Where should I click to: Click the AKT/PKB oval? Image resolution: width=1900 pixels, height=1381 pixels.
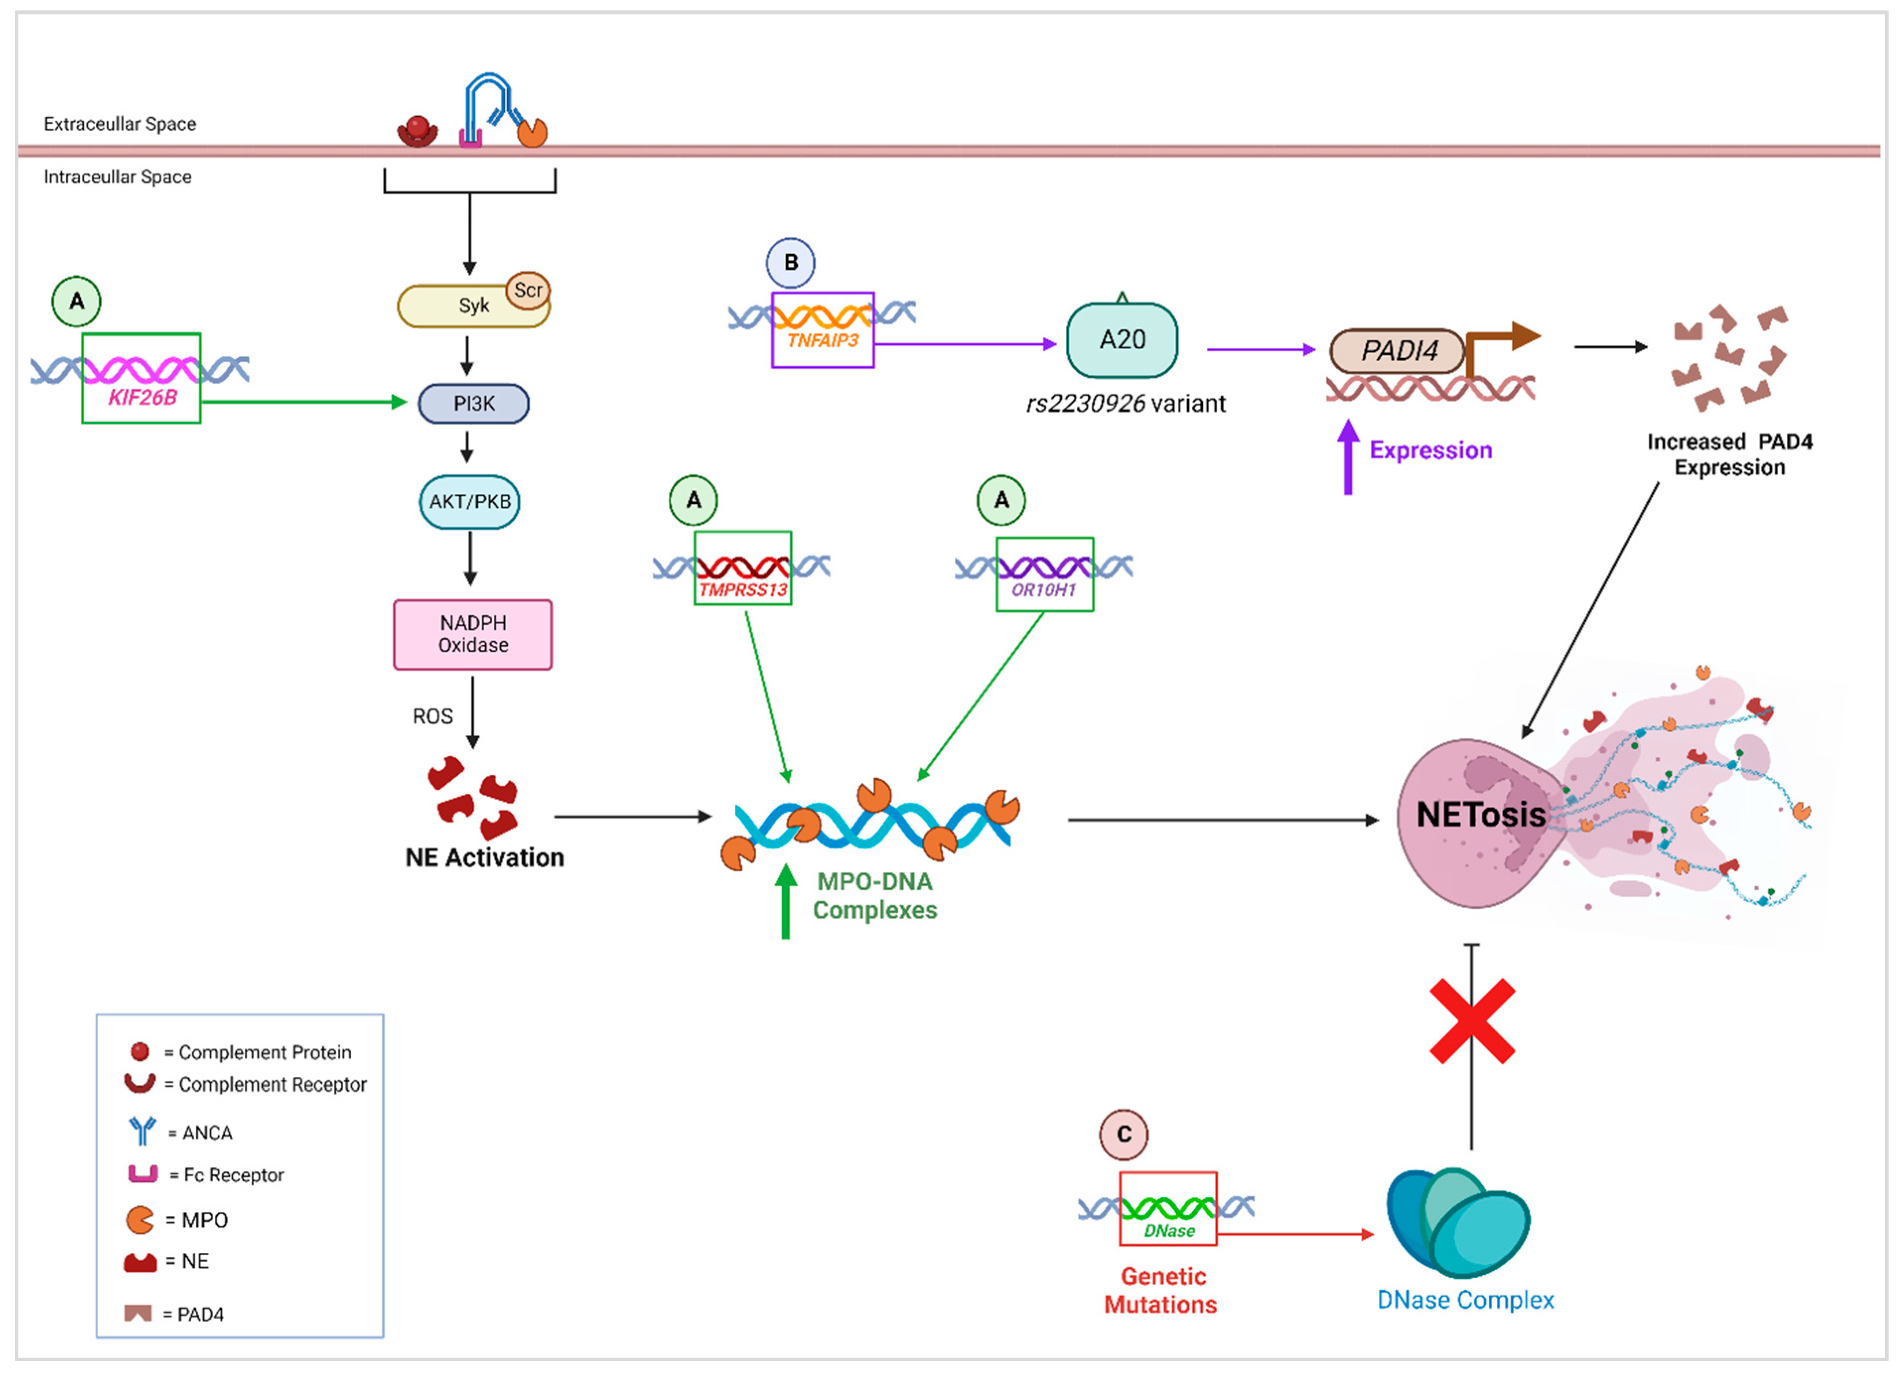[x=470, y=502]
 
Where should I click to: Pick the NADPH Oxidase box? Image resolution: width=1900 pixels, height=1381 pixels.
[x=473, y=634]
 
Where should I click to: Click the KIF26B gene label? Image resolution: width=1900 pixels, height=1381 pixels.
[x=142, y=398]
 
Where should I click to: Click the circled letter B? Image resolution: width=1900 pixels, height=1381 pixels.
[x=790, y=262]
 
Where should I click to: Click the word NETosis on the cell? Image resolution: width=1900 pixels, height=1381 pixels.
[x=1480, y=815]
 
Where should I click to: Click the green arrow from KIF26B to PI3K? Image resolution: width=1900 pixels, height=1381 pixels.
[x=301, y=402]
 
